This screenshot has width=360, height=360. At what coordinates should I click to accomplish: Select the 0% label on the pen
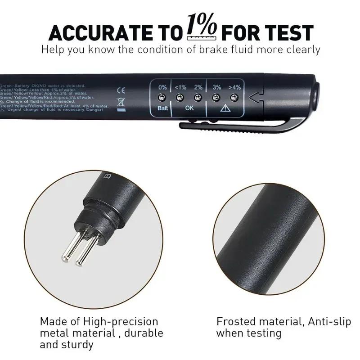(x=162, y=87)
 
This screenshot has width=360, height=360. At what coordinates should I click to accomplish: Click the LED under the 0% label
(x=162, y=97)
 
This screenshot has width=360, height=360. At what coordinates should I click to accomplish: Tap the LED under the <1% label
(x=180, y=97)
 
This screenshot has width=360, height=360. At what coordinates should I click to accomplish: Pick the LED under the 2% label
(x=198, y=97)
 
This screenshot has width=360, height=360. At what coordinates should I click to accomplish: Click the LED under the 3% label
(x=216, y=97)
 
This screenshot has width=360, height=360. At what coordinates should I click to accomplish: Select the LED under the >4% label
(x=234, y=97)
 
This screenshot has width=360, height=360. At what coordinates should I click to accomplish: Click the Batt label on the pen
(x=162, y=109)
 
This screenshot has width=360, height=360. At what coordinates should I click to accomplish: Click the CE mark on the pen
(x=121, y=90)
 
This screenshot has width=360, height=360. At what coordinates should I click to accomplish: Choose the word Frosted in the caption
(x=235, y=322)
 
